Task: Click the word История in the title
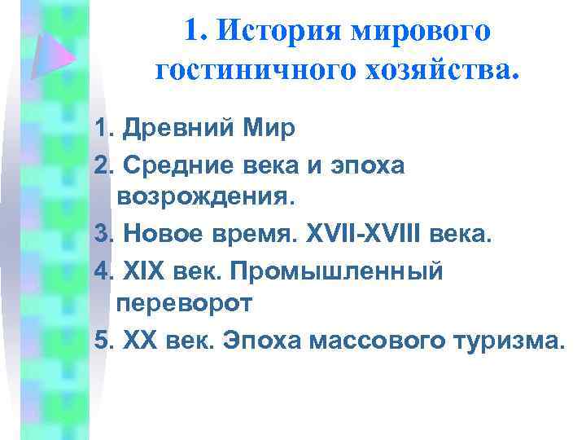point(280,33)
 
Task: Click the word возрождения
point(208,198)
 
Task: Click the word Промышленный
point(335,271)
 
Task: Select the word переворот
point(185,303)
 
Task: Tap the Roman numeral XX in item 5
point(138,339)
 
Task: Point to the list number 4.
point(102,270)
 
